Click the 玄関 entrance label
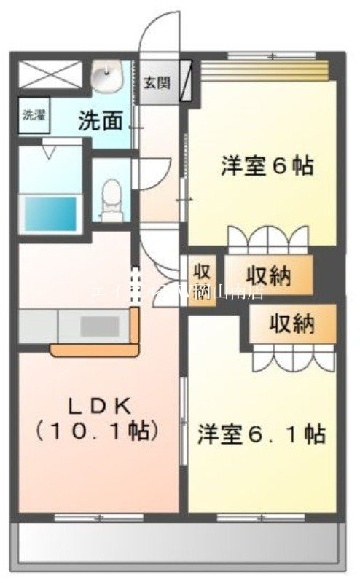[x=157, y=82]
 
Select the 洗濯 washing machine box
[x=32, y=114]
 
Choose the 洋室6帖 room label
[x=267, y=166]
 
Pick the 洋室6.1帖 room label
[x=262, y=435]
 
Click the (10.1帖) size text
[x=97, y=431]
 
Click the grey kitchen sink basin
[x=94, y=326]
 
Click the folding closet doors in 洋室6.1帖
[x=292, y=357]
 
